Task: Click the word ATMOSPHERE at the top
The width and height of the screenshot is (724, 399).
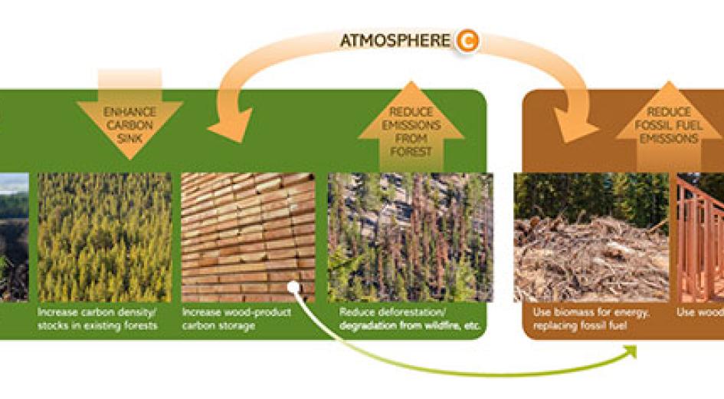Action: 395,40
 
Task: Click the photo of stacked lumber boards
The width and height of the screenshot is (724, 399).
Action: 247,237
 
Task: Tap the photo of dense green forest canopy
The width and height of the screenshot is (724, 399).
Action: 105,237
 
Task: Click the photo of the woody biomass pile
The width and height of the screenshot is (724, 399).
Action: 591,237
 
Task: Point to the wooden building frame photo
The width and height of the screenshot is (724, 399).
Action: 700,237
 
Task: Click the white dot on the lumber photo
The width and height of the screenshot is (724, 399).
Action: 293,287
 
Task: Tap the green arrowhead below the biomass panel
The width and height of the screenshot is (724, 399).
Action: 630,351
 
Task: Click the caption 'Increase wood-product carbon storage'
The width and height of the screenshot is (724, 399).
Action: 237,319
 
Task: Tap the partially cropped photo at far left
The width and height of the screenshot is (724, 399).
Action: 14,237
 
